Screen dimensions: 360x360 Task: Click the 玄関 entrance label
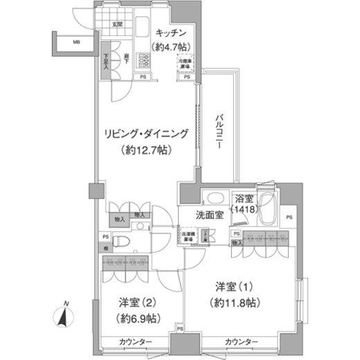[x=118, y=25]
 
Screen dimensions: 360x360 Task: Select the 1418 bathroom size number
[x=244, y=208]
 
